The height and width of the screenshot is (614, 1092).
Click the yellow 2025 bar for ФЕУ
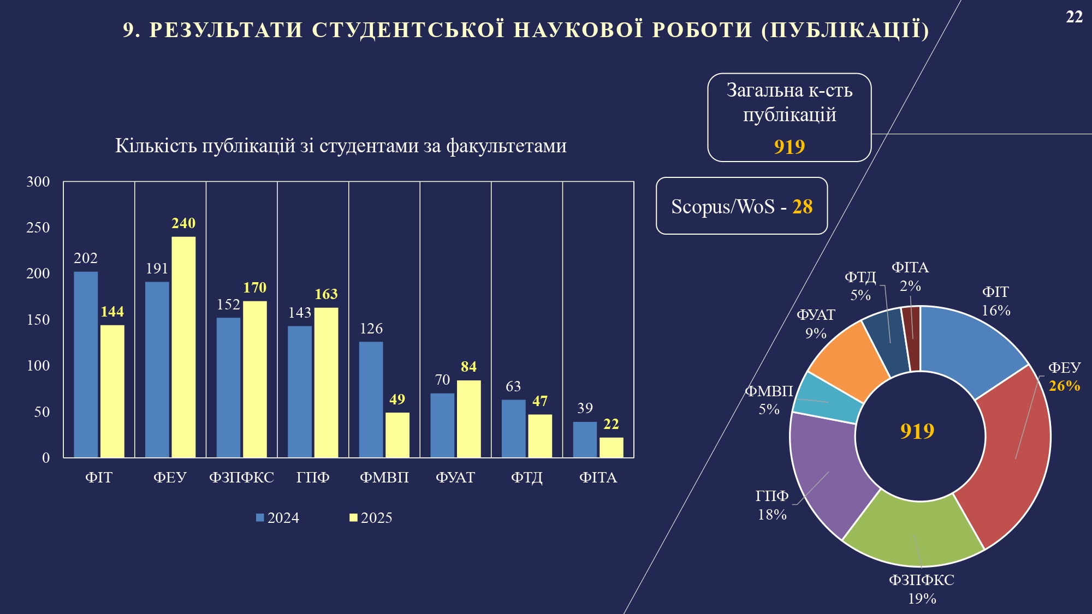(183, 347)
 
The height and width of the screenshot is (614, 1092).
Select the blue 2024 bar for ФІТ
(86, 364)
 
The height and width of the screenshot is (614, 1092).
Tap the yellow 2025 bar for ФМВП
(397, 434)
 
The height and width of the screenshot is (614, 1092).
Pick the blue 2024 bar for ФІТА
(585, 439)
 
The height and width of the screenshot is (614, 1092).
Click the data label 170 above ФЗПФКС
(254, 288)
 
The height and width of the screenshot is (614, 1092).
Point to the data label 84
(468, 367)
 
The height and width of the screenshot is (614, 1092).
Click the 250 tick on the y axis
(38, 228)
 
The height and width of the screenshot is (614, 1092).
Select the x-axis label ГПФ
(313, 478)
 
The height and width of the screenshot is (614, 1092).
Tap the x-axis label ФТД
(526, 478)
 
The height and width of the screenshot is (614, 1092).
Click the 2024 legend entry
(278, 517)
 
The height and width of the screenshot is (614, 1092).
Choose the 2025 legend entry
(371, 517)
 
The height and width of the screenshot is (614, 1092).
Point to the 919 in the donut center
(917, 431)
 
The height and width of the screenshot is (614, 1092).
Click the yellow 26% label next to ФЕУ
(1064, 386)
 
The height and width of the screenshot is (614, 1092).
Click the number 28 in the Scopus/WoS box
(802, 207)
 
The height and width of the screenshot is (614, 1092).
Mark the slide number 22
(1074, 17)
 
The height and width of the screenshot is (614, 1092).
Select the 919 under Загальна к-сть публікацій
(790, 147)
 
